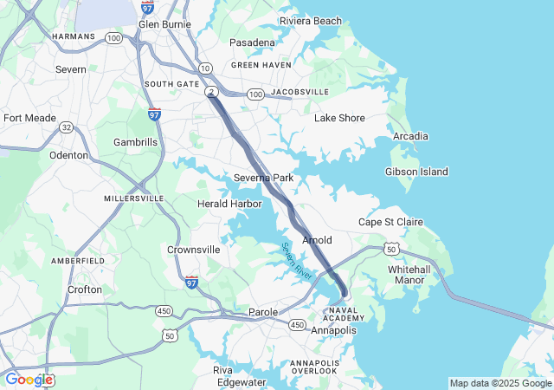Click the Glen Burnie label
coord(164,24)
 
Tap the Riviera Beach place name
coord(310,21)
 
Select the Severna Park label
coord(264,178)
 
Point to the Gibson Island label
coord(416,172)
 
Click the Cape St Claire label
coord(390,222)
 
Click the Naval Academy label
coord(339,315)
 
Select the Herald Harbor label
coord(229,204)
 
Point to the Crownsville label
coord(193,250)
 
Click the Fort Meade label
coord(29,118)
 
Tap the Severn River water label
coord(297,260)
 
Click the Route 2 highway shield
coord(210,91)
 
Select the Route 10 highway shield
coord(205,67)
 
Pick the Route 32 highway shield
coord(66,127)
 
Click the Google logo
coord(29,379)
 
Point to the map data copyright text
coord(500,383)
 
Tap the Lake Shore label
coord(338,118)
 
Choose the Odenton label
coord(69,155)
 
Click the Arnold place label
coord(317,239)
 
